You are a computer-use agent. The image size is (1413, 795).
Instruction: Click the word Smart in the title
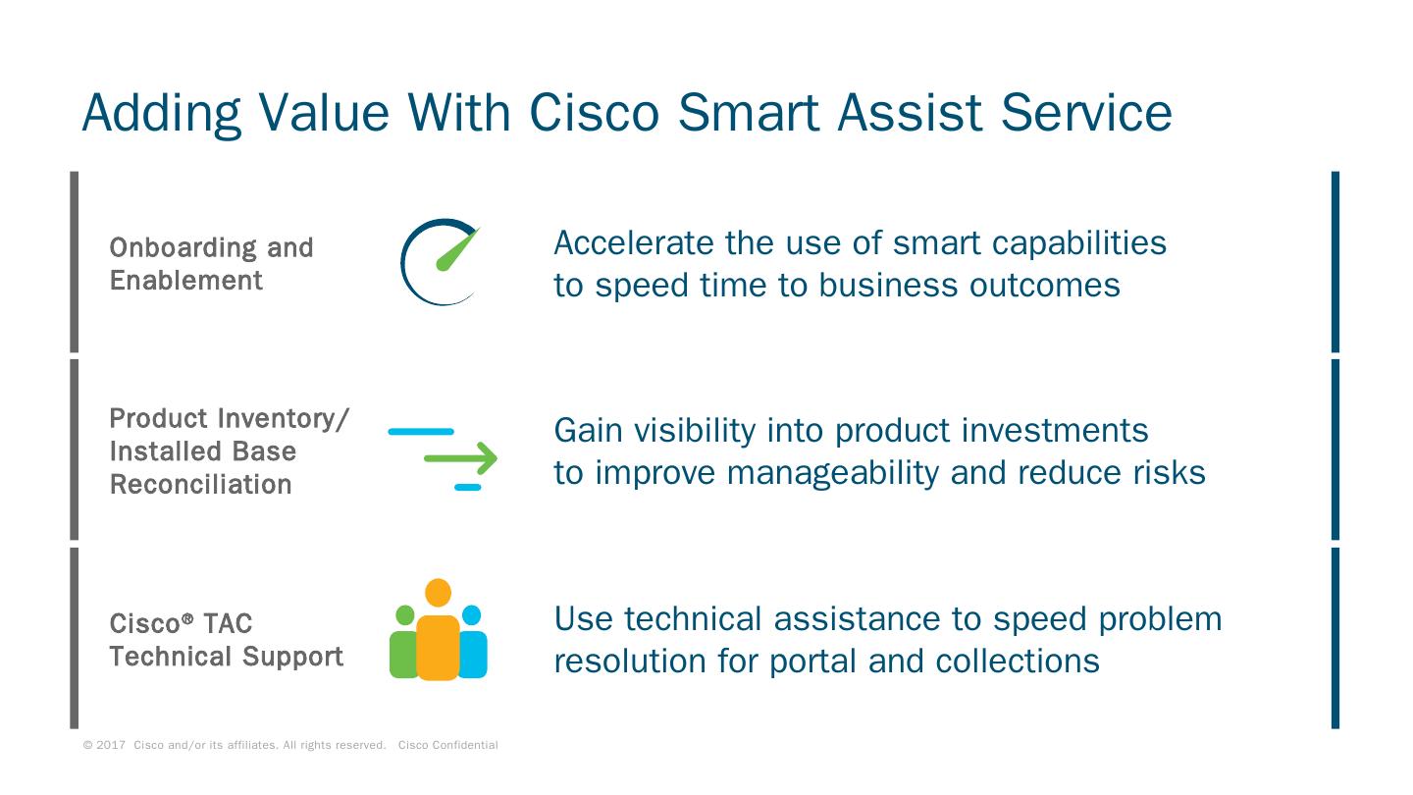(x=749, y=113)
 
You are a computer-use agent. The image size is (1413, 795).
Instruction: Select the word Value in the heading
(x=324, y=113)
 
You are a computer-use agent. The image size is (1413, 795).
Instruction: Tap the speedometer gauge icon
(x=441, y=262)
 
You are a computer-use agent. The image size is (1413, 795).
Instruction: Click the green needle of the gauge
(x=458, y=249)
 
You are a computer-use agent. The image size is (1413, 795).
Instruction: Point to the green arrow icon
(x=460, y=458)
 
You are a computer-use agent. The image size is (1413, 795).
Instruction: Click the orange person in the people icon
(x=438, y=629)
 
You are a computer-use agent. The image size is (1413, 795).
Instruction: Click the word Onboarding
(x=183, y=248)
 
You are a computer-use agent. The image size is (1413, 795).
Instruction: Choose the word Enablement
(x=186, y=280)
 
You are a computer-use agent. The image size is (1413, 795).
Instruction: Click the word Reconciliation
(x=200, y=485)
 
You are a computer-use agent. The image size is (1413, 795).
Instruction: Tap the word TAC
(x=228, y=624)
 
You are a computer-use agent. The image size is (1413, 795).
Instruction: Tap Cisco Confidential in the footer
(x=447, y=745)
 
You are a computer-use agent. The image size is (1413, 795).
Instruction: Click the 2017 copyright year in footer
(x=110, y=745)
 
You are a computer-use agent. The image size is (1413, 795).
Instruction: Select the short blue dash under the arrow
(x=468, y=487)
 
